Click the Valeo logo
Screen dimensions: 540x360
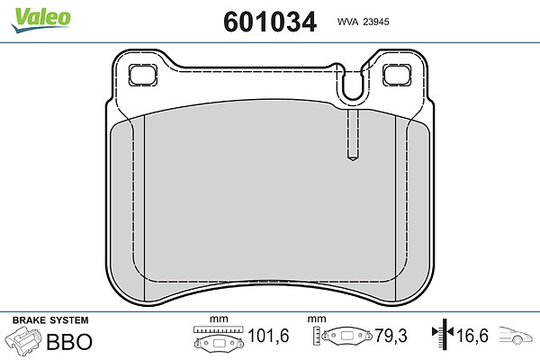coord(40,20)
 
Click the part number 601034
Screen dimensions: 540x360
coord(270,22)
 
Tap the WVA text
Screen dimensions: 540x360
coord(347,22)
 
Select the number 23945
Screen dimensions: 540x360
coord(376,22)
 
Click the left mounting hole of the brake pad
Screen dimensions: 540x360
coord(142,75)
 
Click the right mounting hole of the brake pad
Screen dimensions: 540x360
coord(397,75)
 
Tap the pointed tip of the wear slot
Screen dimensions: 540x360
coord(352,160)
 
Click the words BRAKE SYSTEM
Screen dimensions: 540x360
coord(50,320)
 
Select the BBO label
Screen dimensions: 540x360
coord(69,342)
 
